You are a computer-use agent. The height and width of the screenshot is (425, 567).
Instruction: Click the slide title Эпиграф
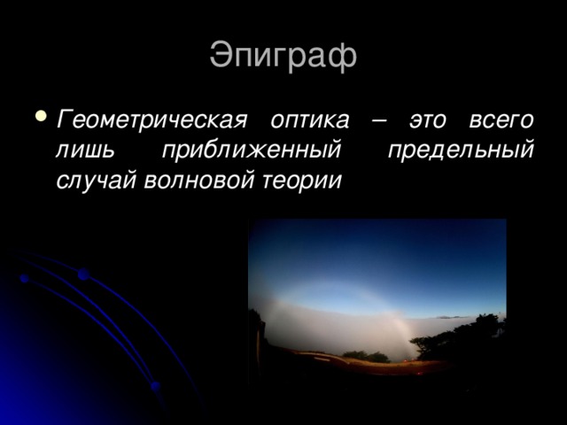tap(283, 55)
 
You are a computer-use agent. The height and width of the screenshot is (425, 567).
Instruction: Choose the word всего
tap(501, 119)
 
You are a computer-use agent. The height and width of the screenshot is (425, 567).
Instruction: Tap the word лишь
tap(86, 149)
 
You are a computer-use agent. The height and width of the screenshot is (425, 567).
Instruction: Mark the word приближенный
tap(252, 149)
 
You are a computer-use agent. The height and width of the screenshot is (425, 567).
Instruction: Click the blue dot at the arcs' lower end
tap(155, 387)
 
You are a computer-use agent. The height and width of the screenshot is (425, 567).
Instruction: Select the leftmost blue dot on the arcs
tap(24, 279)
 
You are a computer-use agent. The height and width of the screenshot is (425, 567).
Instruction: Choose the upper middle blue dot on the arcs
tap(82, 275)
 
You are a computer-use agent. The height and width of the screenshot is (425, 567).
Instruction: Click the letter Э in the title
tap(221, 55)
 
